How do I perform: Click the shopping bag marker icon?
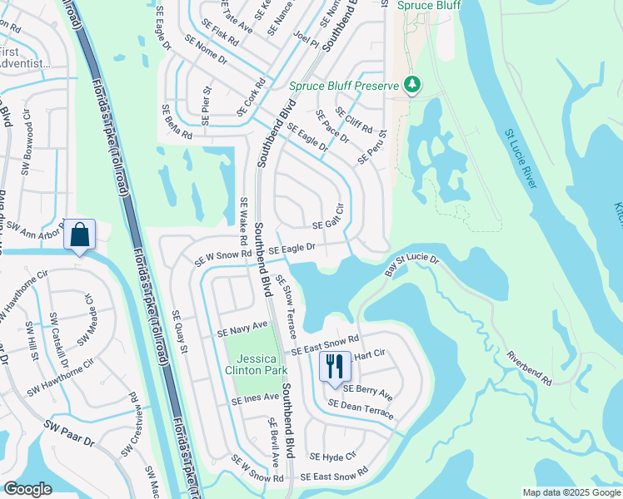pos(80,235)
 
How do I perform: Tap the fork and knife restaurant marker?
pos(335,366)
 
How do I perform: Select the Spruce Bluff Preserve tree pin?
pos(411,84)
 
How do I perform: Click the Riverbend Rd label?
pos(530,368)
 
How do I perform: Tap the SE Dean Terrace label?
pos(361,407)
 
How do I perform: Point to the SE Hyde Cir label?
pos(332,456)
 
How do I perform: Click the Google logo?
pos(27,489)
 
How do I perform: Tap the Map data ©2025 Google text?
pos(571,492)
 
